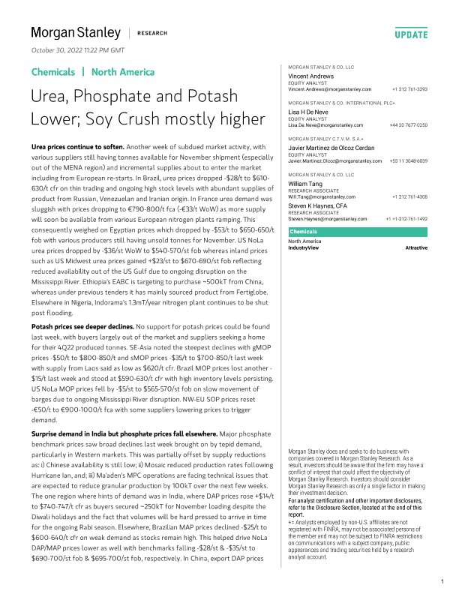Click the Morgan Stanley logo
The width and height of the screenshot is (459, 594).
coord(75,33)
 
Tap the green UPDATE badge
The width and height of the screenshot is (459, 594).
coord(411,34)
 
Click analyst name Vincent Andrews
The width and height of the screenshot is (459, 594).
coord(313,76)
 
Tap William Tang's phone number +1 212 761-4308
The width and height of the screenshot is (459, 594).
coord(409,196)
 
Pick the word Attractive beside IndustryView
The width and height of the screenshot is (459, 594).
coord(416,247)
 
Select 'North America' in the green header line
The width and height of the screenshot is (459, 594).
coord(123,72)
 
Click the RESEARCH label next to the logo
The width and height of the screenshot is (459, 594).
coord(152,34)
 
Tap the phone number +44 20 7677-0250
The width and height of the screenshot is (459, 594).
coord(409,125)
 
